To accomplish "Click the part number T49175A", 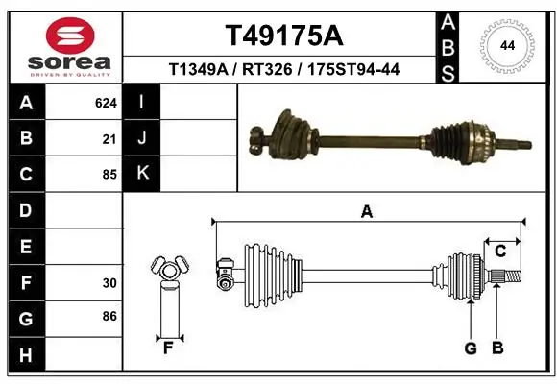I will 282,36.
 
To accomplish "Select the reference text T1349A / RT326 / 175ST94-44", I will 282,69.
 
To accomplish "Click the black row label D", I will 25,210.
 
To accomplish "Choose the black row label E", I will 25,247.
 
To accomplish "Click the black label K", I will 142,173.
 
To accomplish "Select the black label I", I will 142,102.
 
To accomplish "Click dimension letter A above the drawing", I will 366,211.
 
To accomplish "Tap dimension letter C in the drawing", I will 500,251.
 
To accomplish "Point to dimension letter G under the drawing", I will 471,348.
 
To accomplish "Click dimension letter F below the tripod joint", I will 168,348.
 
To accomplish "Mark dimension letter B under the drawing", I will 497,348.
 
